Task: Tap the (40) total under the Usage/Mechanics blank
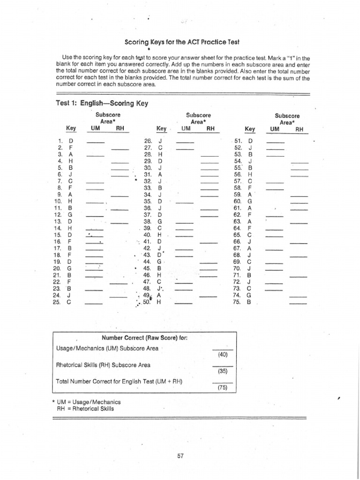point(223,354)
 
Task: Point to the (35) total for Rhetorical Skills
point(223,371)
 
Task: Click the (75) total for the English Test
point(223,388)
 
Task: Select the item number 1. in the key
point(60,140)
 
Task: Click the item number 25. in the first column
point(58,302)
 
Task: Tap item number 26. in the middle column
point(148,140)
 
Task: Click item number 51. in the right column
point(237,140)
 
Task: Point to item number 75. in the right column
point(237,302)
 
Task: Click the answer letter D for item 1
point(71,140)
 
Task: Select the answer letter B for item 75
point(249,302)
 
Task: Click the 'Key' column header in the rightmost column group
point(250,129)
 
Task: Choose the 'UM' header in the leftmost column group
point(96,128)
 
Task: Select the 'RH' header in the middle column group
point(210,128)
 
